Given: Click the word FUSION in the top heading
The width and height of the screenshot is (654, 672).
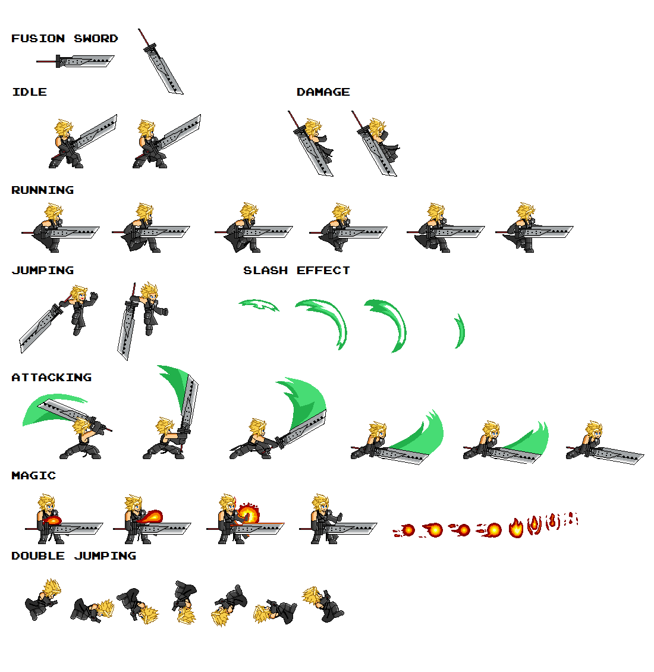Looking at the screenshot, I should (38, 39).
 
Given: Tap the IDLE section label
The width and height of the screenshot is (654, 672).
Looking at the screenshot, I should (29, 92).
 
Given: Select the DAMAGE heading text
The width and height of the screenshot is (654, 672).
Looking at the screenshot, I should (323, 92).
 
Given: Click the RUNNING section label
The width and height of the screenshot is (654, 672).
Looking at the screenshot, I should (42, 190).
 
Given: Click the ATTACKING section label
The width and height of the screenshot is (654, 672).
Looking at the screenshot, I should (51, 378).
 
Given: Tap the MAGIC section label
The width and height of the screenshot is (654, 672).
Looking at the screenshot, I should (33, 476).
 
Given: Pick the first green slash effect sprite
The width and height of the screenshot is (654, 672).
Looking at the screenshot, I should (259, 305).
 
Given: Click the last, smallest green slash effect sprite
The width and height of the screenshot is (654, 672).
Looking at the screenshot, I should (460, 331).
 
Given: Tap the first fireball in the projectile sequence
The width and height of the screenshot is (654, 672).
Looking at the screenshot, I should (407, 530).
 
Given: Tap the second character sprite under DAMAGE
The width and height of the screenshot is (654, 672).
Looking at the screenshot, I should (378, 143).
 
